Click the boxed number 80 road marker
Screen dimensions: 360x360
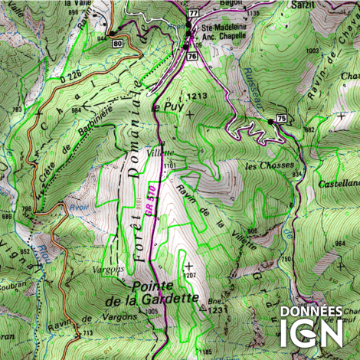click(x=116, y=44)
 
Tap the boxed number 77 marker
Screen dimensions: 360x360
click(x=192, y=14)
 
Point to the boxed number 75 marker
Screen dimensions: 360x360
click(x=282, y=118)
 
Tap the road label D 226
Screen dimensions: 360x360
click(x=70, y=77)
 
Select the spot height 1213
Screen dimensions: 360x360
click(x=197, y=96)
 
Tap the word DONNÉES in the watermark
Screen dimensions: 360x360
click(x=311, y=313)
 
